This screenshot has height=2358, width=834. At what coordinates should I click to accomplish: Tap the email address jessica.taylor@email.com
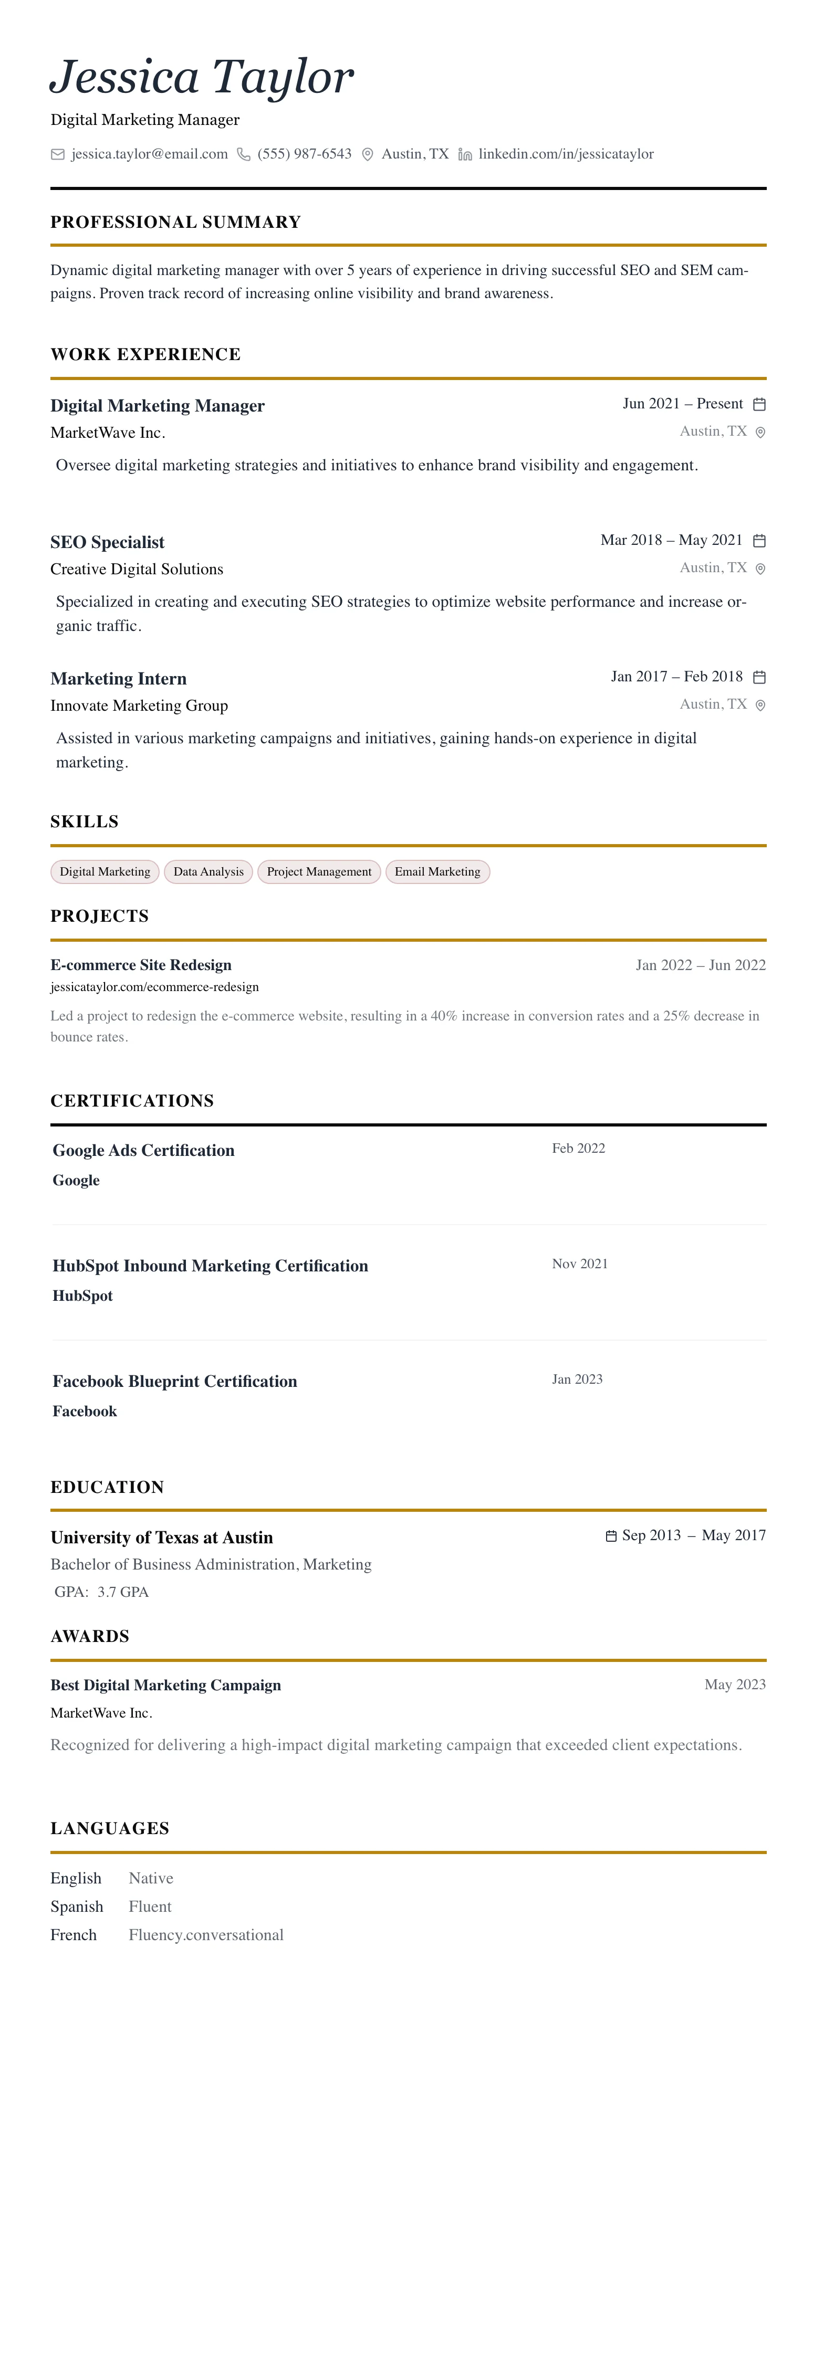pos(149,154)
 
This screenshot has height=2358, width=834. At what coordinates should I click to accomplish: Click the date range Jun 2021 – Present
pos(682,404)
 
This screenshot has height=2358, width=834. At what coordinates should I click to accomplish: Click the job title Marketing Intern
pos(118,678)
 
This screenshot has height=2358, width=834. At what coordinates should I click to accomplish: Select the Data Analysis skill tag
pos(208,871)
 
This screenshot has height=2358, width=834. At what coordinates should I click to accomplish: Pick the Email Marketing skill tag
pos(437,871)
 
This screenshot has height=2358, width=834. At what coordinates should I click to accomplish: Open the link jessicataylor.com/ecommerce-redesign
pos(155,987)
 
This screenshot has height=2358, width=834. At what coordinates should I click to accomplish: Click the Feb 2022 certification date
pos(579,1148)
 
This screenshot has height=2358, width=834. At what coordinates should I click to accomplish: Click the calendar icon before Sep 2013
pos(611,1536)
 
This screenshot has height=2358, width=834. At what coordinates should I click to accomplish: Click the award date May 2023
pos(734,1685)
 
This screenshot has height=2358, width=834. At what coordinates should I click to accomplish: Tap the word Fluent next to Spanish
pos(150,1907)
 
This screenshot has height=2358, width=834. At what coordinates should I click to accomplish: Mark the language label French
pos(73,1935)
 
